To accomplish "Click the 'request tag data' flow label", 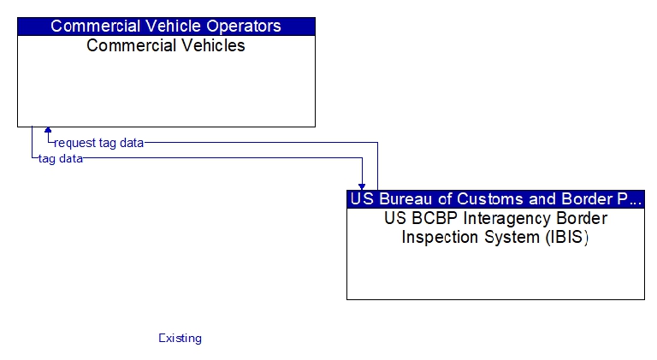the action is click(x=99, y=143).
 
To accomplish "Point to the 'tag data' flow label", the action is click(x=61, y=159).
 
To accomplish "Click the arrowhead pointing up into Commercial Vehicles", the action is click(x=48, y=130).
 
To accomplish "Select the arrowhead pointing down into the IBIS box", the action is click(x=362, y=186).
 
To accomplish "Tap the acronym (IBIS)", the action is click(x=567, y=238).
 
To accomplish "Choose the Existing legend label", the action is click(x=181, y=339).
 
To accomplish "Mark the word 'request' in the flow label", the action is click(x=74, y=144).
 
